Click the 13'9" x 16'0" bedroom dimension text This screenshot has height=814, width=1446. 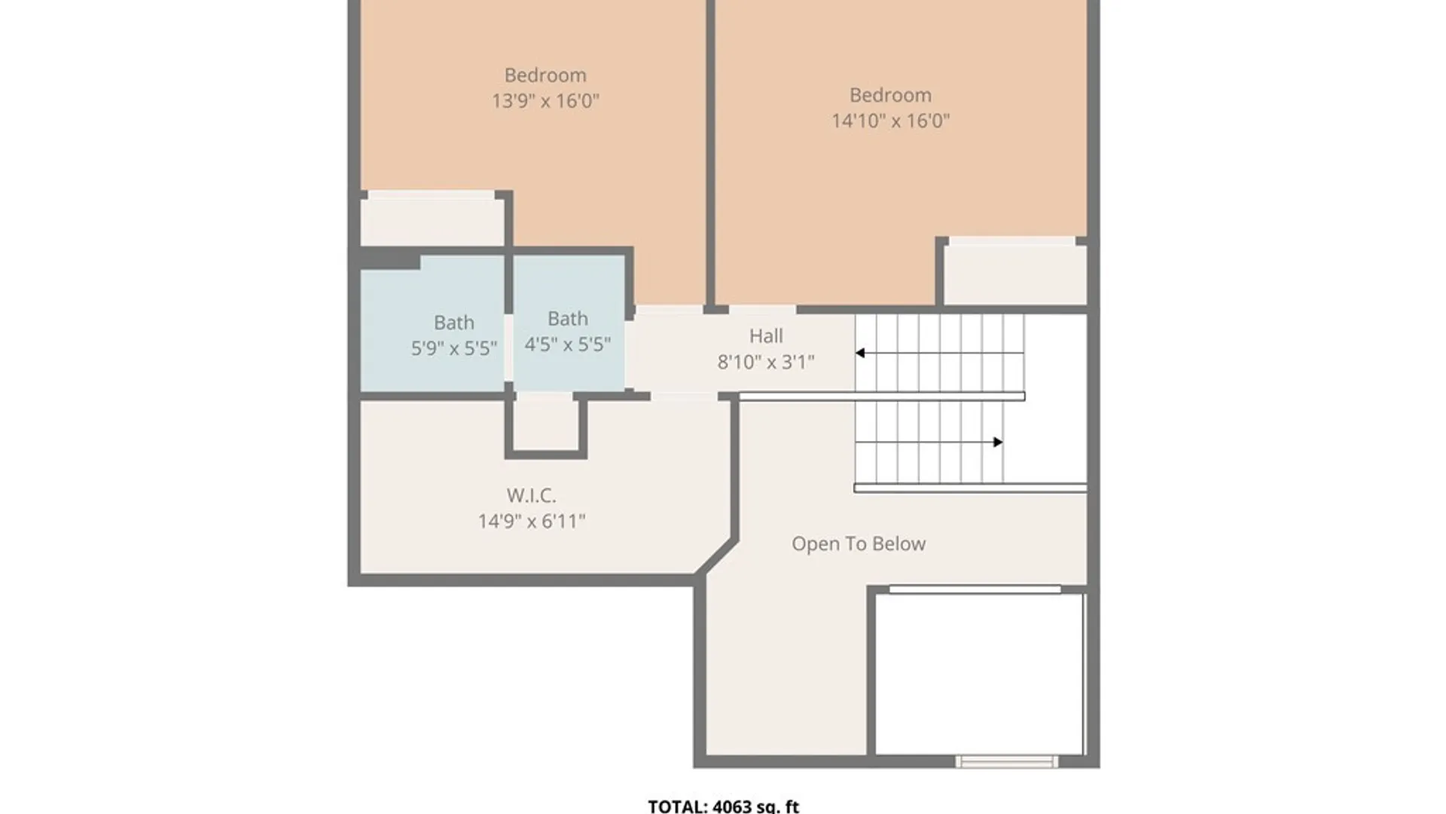[x=545, y=101]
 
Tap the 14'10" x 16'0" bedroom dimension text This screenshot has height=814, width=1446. [x=890, y=121]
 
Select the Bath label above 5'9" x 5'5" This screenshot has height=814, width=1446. [x=454, y=323]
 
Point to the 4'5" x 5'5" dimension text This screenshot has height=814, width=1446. [x=567, y=344]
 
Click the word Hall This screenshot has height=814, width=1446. [x=766, y=336]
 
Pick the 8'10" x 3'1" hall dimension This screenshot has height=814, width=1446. [x=766, y=363]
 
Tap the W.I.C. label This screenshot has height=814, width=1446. [x=531, y=496]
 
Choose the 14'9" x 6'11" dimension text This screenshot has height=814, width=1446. [x=531, y=522]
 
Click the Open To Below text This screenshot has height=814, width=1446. [x=859, y=544]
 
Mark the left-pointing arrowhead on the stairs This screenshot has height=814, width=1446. [x=859, y=353]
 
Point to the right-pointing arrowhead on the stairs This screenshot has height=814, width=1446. [x=998, y=442]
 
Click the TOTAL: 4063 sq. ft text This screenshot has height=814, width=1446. [x=724, y=806]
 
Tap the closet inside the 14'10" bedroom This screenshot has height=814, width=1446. [x=1015, y=275]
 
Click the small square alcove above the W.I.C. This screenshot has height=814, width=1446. [x=546, y=424]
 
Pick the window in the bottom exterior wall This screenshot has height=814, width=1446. [x=1006, y=761]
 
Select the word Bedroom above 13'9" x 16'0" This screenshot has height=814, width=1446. [x=545, y=75]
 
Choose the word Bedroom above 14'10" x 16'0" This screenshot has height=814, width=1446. [x=890, y=96]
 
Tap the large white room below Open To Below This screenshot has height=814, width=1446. [x=979, y=674]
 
